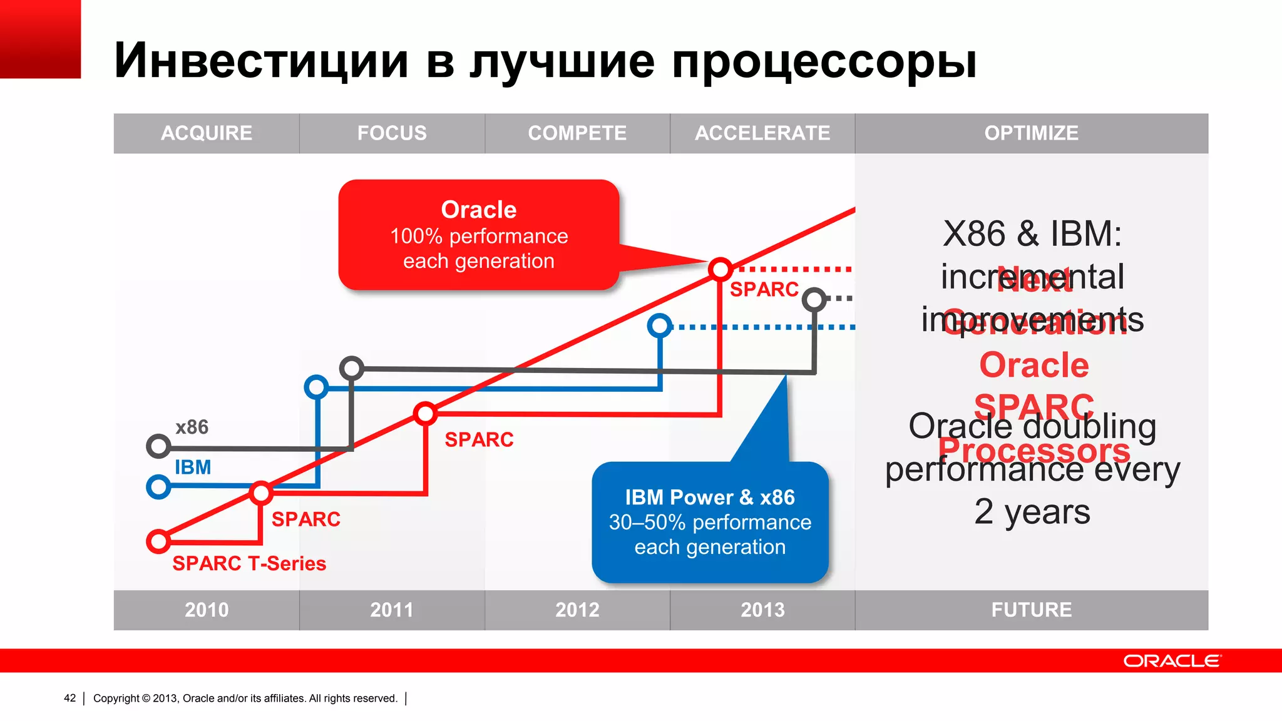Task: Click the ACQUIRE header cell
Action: [x=207, y=133]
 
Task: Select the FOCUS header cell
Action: [x=392, y=133]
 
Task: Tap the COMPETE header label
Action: [x=577, y=133]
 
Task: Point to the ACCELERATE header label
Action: [x=762, y=133]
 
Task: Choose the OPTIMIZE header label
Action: [x=1031, y=133]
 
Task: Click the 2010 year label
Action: [x=207, y=610]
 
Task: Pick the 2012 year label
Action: [x=577, y=610]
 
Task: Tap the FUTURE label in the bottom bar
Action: [x=1031, y=610]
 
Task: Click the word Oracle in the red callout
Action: [x=479, y=210]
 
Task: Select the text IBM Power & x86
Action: [x=710, y=498]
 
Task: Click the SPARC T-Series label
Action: [x=249, y=563]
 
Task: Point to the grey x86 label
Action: [x=192, y=427]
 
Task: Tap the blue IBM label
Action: [x=193, y=468]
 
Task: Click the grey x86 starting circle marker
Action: [x=158, y=446]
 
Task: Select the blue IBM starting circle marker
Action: [x=158, y=486]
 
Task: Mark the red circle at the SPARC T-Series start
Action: [x=158, y=541]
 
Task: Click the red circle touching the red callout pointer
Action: [x=720, y=269]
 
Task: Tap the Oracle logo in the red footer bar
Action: [x=1171, y=661]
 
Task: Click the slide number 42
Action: [x=69, y=698]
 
